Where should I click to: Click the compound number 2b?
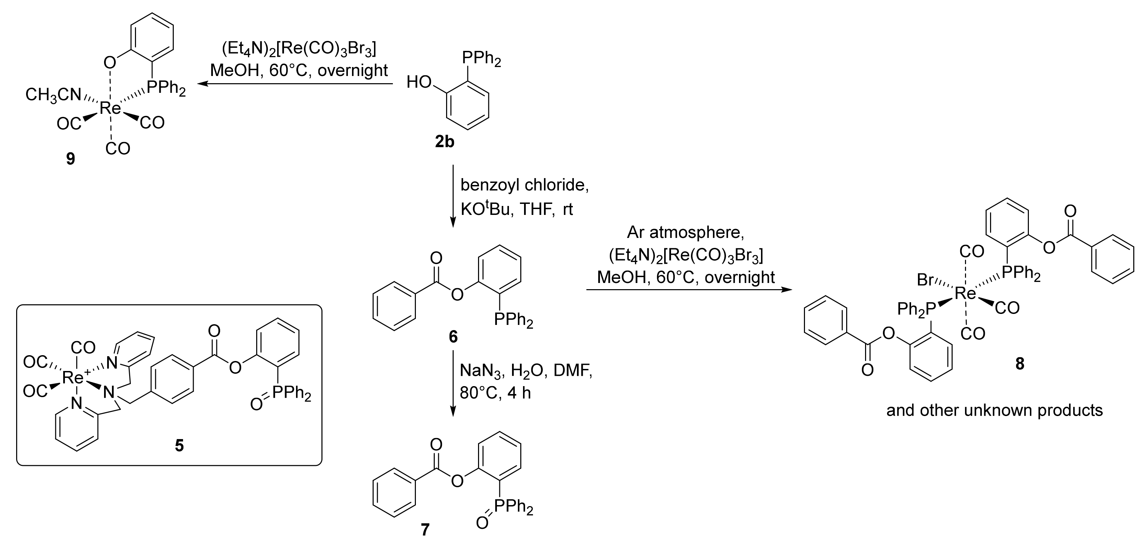coord(444,142)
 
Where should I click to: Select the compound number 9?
coord(70,158)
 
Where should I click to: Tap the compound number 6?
coord(453,337)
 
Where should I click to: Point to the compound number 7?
coord(425,529)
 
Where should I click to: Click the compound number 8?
coord(1020,364)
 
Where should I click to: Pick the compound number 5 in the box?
coord(179,445)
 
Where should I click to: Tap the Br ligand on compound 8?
coord(925,280)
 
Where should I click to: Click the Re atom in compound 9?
coord(110,107)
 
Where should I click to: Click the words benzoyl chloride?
coord(524,185)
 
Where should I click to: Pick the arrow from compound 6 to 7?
coord(453,383)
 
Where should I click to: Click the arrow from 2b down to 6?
coord(453,196)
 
